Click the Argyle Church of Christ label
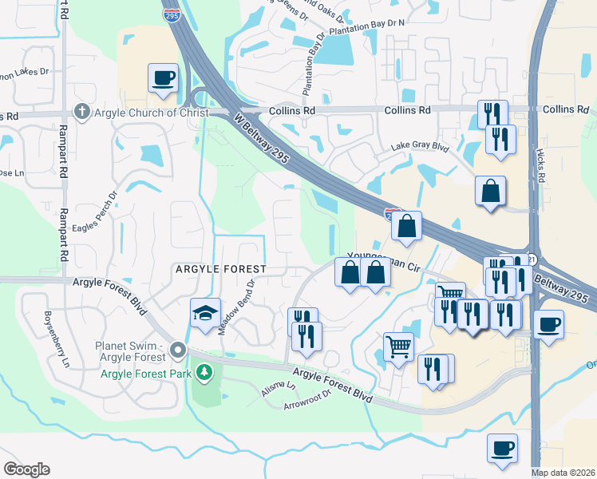coord(152,113)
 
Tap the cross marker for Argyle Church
coord(81,113)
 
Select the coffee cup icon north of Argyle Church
coord(163,78)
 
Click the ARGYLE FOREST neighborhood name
coord(221,270)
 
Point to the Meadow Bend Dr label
coord(238,307)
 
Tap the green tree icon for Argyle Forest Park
coord(205,372)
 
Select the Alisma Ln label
coord(279,389)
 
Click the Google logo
coord(26,469)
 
